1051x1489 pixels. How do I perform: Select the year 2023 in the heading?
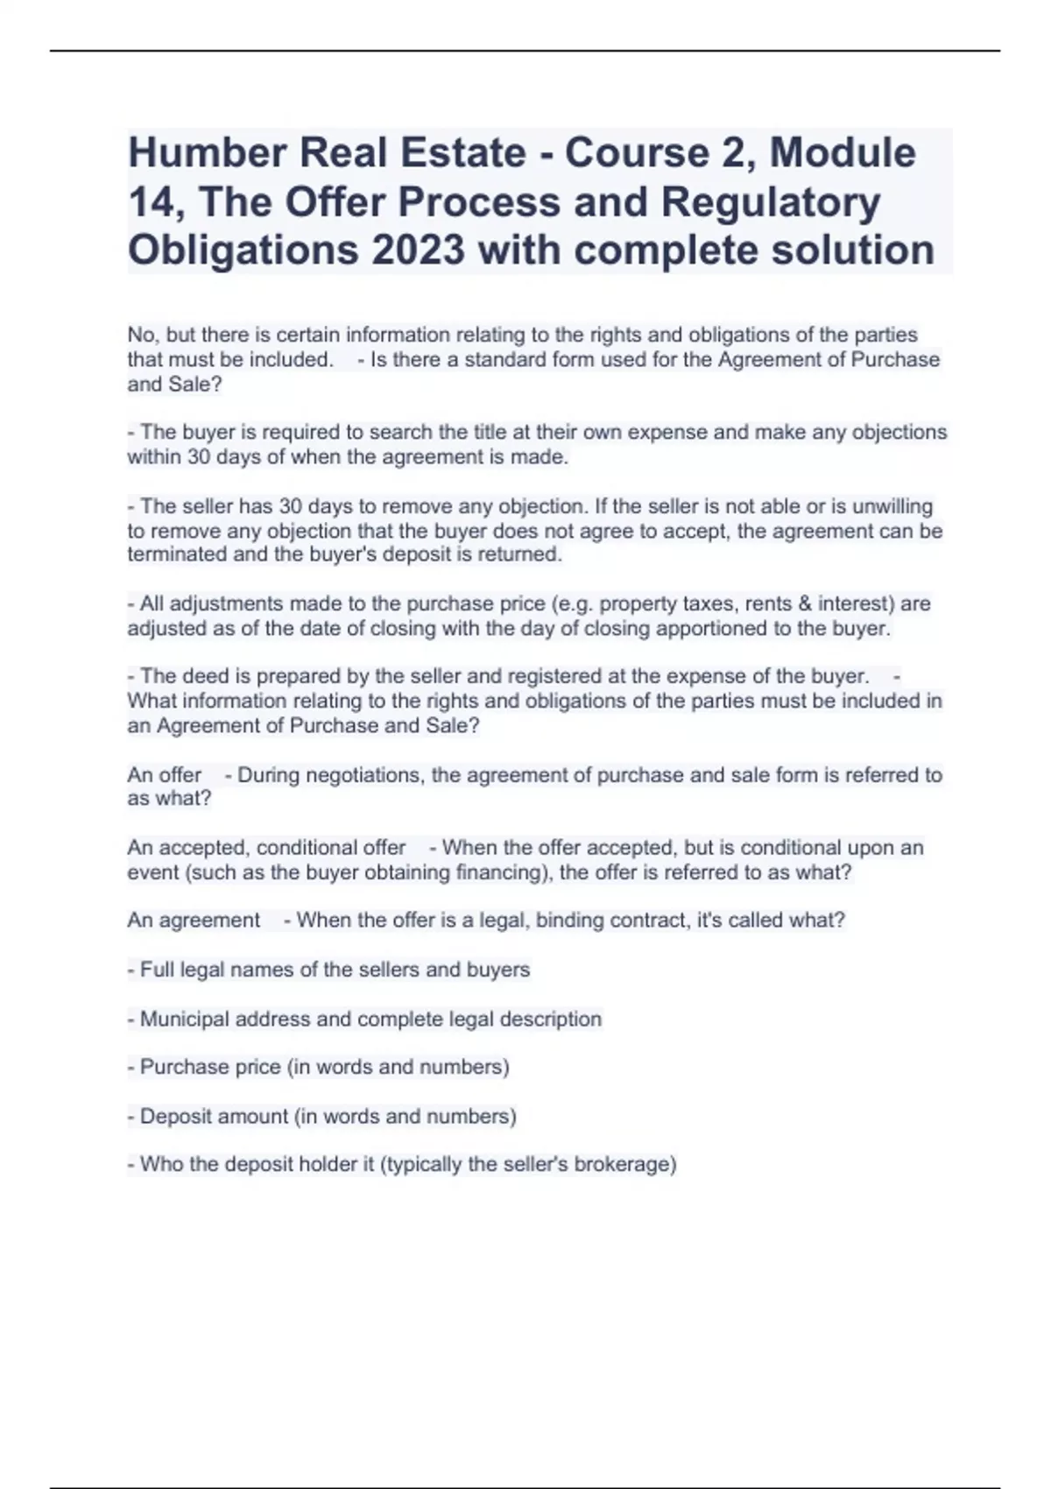pyautogui.click(x=418, y=251)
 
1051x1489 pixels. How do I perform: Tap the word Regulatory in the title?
pyautogui.click(x=771, y=202)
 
